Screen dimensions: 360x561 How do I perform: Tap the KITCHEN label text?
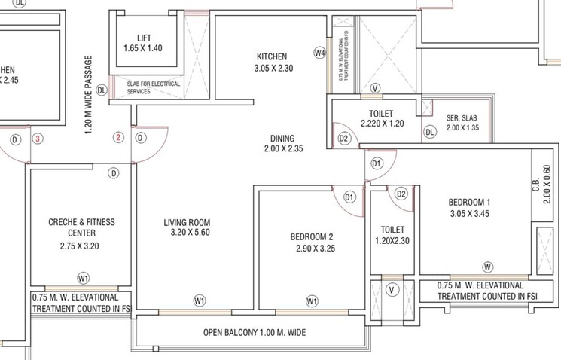coord(271,56)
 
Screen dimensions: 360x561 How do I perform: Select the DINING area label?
coord(282,139)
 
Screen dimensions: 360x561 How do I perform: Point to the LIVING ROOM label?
coord(187,223)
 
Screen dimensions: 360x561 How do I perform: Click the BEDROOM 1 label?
coord(469,202)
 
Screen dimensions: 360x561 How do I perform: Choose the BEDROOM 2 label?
coord(315,237)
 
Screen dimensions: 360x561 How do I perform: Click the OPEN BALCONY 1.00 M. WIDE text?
coord(255,332)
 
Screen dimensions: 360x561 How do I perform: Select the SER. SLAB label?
coord(462,118)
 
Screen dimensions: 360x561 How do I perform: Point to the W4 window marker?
coord(319,53)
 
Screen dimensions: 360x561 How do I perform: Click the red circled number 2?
coord(118,138)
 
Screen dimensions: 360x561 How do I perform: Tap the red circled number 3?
coord(37,139)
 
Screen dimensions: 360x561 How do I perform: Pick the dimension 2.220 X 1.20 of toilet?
coord(383,124)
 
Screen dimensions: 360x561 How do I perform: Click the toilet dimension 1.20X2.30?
coord(393,242)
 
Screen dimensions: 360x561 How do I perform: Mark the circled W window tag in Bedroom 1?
coord(488,267)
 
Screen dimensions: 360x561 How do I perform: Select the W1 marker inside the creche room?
coord(83,278)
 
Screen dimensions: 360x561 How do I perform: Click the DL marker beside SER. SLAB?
coord(430,132)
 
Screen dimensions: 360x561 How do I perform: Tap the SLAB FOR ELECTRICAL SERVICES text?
coord(153,87)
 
